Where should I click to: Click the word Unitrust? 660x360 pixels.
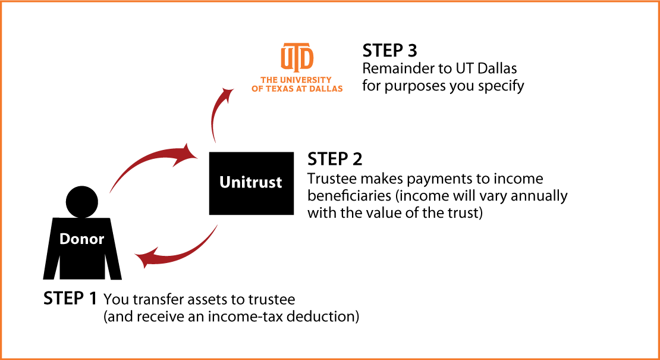coord(250,182)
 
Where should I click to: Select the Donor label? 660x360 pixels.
coord(81,239)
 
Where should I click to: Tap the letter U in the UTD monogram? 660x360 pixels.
coord(286,58)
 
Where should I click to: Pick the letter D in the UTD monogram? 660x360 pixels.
coord(307,58)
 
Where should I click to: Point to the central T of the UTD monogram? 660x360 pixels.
coord(297,57)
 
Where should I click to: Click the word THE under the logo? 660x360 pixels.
coord(269,80)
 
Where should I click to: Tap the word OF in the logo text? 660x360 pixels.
coord(257,89)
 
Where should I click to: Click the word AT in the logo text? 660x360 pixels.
coord(302,89)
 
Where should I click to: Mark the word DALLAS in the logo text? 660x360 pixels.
coord(326,89)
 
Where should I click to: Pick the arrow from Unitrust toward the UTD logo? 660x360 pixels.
coord(215,116)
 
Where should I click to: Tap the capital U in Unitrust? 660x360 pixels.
coord(225,182)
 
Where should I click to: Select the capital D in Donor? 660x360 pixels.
coord(64,239)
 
